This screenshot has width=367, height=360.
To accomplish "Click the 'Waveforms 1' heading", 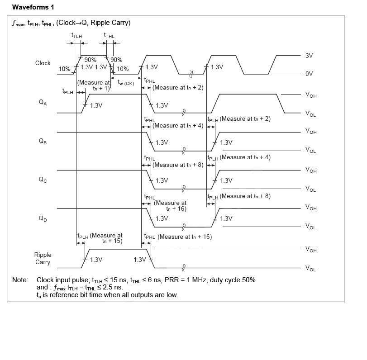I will coord(33,7).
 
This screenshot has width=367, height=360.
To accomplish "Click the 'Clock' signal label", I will coord(43,63).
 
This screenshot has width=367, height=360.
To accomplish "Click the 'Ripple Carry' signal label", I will coord(43,259).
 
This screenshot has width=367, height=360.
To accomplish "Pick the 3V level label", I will coord(310,56).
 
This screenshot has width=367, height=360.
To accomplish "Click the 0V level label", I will coord(310,74).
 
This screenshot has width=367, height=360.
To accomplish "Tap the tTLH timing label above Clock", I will coord(76,35).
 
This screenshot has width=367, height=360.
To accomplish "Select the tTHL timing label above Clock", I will coord(109,35).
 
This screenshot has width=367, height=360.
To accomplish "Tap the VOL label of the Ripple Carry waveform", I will coord(311,269).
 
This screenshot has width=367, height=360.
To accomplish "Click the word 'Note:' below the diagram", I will coord(20,280).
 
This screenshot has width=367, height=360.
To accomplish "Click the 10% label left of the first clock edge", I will coord(65,69).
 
